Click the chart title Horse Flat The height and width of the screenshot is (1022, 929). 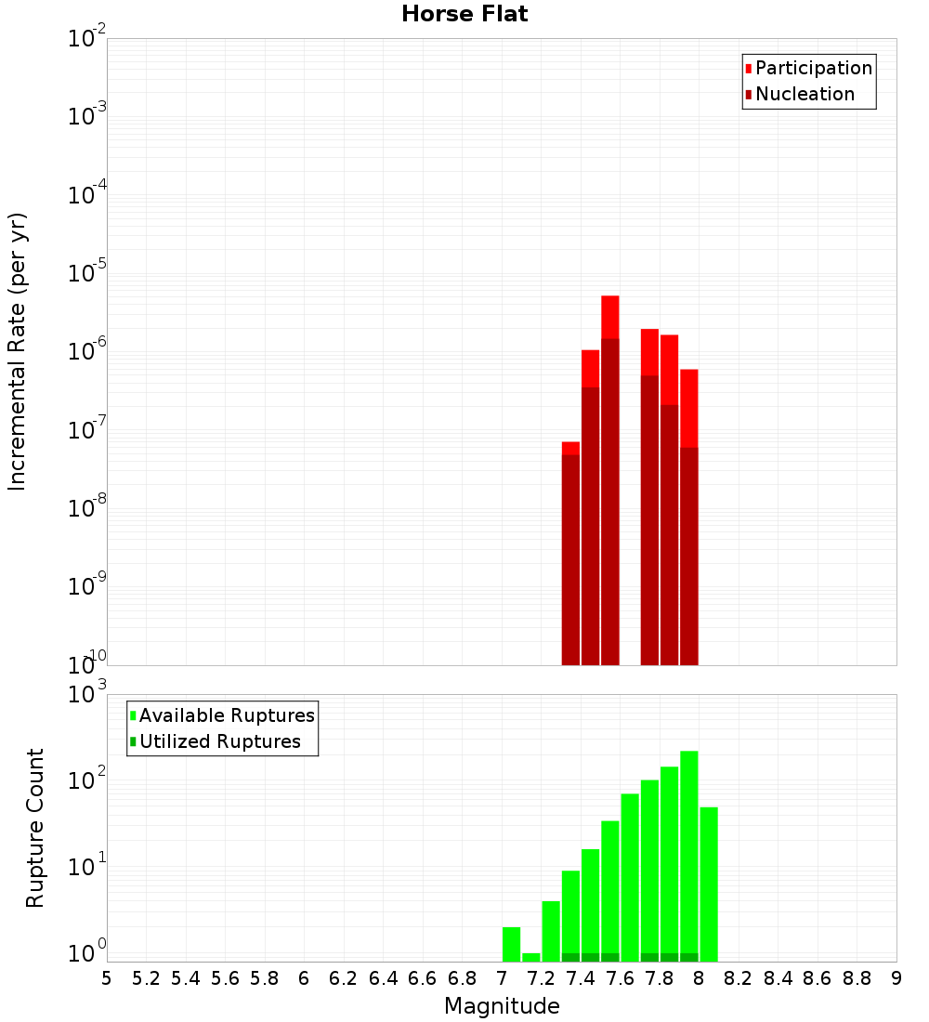pyautogui.click(x=464, y=15)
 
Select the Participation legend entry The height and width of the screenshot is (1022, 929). pyautogui.click(x=813, y=68)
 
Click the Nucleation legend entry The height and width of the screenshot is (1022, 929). pyautogui.click(x=805, y=94)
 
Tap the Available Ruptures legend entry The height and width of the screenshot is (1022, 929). pyautogui.click(x=227, y=715)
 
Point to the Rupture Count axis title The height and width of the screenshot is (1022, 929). pyautogui.click(x=35, y=828)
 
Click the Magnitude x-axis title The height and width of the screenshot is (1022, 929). pyautogui.click(x=502, y=1006)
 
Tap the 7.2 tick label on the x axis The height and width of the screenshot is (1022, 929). pyautogui.click(x=541, y=978)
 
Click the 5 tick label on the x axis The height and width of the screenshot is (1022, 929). pyautogui.click(x=107, y=978)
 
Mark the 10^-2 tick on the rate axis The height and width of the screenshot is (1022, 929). pyautogui.click(x=87, y=38)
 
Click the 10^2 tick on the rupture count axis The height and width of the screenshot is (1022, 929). pyautogui.click(x=87, y=780)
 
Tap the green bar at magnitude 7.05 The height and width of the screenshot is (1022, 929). pyautogui.click(x=511, y=944)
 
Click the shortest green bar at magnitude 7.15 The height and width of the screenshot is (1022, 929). pyautogui.click(x=531, y=957)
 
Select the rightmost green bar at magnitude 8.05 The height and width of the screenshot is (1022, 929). pyautogui.click(x=709, y=884)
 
